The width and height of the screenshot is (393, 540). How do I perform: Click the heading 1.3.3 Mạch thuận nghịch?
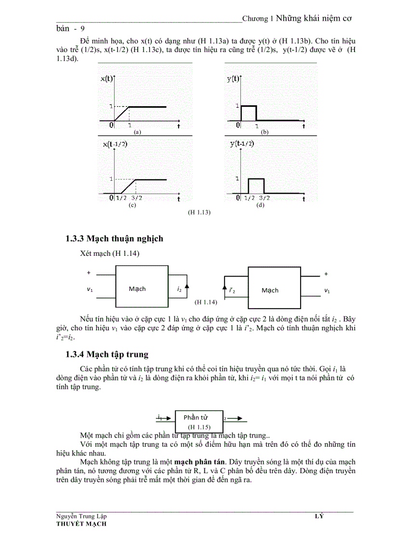[114, 239]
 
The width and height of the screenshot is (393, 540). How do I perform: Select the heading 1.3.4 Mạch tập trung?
[107, 354]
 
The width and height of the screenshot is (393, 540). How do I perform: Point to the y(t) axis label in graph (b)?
[234, 79]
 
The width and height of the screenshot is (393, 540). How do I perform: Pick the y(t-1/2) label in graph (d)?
[242, 144]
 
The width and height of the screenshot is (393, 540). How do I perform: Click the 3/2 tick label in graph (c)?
[136, 198]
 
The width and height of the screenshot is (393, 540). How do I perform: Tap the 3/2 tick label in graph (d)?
[264, 198]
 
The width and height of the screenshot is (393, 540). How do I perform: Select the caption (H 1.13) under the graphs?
[199, 212]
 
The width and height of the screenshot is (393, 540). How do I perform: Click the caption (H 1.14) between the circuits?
[206, 302]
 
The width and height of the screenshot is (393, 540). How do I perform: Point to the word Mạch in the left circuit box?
[137, 289]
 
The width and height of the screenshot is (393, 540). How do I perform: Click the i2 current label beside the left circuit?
[179, 289]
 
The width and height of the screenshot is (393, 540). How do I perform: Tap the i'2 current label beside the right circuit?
[232, 290]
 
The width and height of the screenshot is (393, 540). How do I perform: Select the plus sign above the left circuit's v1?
[89, 273]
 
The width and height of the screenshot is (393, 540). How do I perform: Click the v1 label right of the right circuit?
[327, 290]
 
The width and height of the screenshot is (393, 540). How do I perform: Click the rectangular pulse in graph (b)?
[248, 113]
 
